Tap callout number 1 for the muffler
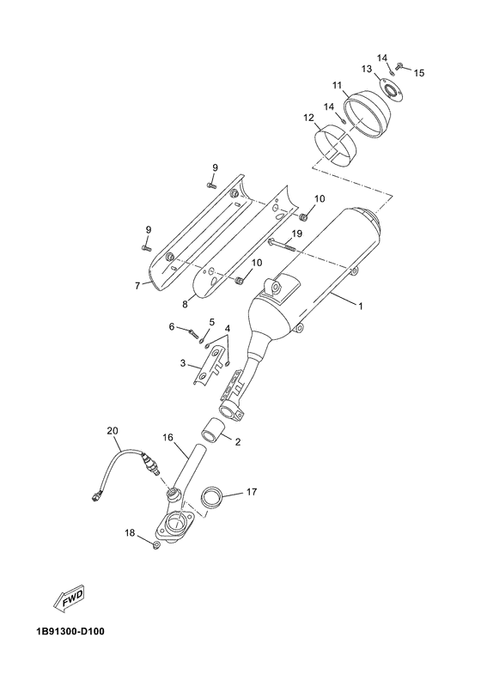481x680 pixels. tap(360, 307)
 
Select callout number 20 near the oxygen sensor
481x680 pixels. tap(111, 430)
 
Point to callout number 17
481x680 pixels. tap(253, 492)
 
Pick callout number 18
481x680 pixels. tap(130, 533)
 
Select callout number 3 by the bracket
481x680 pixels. tap(183, 363)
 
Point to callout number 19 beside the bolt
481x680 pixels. tap(296, 233)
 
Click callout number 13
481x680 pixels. tap(364, 68)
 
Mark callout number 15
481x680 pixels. tap(419, 73)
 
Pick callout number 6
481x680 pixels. tap(172, 327)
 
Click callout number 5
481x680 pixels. tap(212, 322)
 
